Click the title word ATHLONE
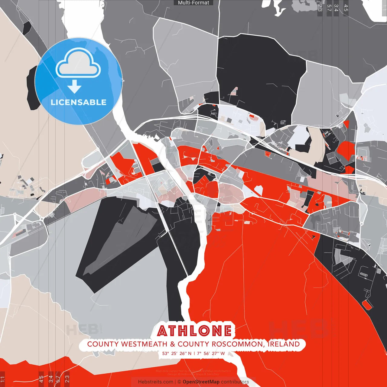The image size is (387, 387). tap(194, 331)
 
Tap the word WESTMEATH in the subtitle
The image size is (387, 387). tap(144, 344)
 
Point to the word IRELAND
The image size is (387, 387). tap(284, 344)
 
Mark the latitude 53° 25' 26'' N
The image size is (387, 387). tap(177, 353)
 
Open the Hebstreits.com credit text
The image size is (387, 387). tap(155, 382)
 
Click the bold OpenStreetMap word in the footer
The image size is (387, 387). tap(201, 382)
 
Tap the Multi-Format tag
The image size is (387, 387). tap(193, 3)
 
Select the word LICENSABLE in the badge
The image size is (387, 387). tap(79, 102)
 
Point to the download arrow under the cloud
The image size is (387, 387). tap(74, 87)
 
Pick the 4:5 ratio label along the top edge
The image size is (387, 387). tap(346, 8)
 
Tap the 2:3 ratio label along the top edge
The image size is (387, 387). tap(320, 8)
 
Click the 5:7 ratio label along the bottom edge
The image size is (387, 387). tap(58, 379)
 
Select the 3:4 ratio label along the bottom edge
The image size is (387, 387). tap(51, 379)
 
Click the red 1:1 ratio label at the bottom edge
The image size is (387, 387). tap(3, 379)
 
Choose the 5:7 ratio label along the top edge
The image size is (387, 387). tap(329, 8)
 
